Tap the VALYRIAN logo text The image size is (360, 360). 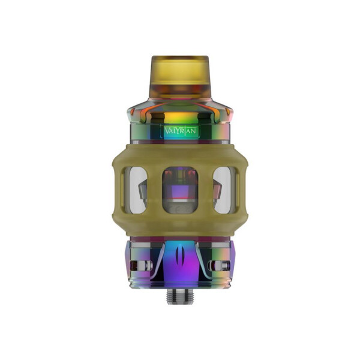point(180,131)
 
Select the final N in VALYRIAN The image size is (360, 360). point(194,131)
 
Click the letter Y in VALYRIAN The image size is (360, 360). point(178,131)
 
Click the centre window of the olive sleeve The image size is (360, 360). point(180,190)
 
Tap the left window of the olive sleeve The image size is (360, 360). point(138,190)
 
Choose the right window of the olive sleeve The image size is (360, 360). point(222,190)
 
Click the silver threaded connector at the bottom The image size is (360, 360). point(180,296)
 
